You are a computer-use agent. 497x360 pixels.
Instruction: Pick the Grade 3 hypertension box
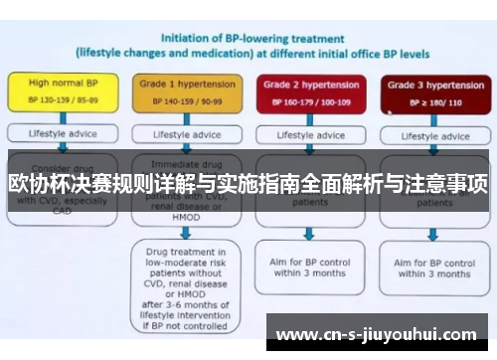pyautogui.click(x=430, y=92)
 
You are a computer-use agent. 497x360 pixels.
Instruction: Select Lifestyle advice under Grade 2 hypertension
pyautogui.click(x=309, y=134)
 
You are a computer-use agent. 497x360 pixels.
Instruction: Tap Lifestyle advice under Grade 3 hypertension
pyautogui.click(x=430, y=134)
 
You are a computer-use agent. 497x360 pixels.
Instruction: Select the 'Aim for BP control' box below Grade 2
pyautogui.click(x=309, y=266)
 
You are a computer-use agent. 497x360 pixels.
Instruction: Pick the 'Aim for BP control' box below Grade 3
pyautogui.click(x=432, y=266)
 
